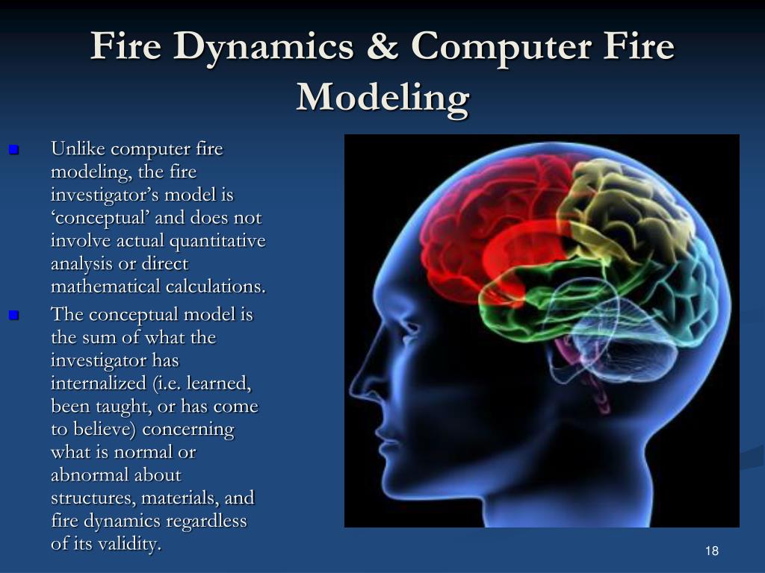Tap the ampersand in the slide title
[382, 48]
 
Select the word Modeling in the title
[382, 97]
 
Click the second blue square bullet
[13, 316]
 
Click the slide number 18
[711, 551]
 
